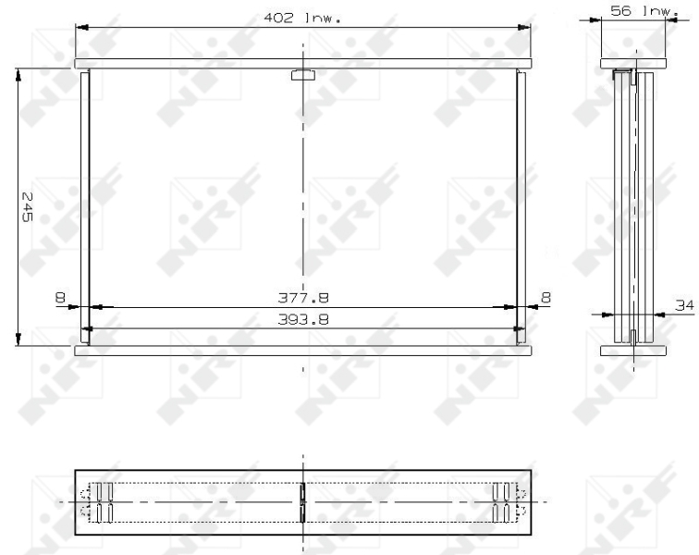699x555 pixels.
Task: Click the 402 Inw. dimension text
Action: pyautogui.click(x=303, y=18)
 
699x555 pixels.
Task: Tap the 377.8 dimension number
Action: pyautogui.click(x=303, y=298)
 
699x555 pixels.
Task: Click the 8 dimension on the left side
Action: pyautogui.click(x=61, y=298)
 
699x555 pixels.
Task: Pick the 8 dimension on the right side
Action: pyautogui.click(x=546, y=298)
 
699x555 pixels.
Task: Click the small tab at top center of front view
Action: pyautogui.click(x=302, y=76)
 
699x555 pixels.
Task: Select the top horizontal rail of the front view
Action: pyautogui.click(x=303, y=64)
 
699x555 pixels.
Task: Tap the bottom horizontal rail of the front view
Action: pyautogui.click(x=303, y=351)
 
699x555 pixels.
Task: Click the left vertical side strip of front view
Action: pyautogui.click(x=85, y=207)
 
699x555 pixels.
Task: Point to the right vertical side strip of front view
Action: pyautogui.click(x=521, y=207)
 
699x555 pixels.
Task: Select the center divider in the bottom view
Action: pyautogui.click(x=303, y=502)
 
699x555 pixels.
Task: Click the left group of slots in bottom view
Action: pyautogui.click(x=99, y=502)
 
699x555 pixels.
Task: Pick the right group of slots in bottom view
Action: pyautogui.click(x=505, y=502)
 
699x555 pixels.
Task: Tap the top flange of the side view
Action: pyautogui.click(x=633, y=64)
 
